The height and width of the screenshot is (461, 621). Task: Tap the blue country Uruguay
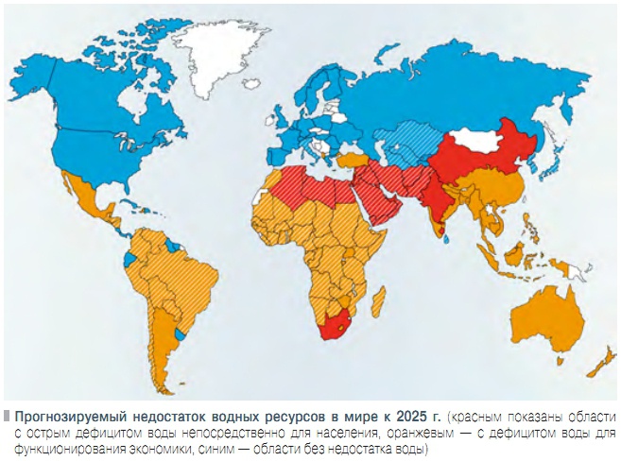[181, 334]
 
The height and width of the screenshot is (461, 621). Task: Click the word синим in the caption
[222, 448]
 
